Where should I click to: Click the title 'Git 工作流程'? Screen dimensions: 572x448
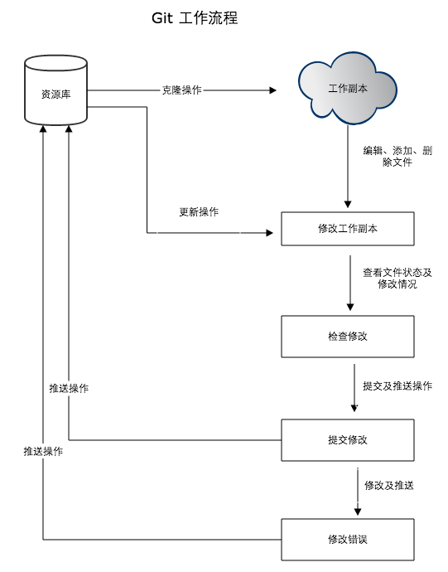click(x=195, y=17)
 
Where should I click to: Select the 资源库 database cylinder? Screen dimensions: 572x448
click(x=55, y=94)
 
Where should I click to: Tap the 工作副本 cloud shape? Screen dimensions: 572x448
click(x=347, y=88)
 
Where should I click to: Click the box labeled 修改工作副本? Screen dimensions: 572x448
click(x=347, y=229)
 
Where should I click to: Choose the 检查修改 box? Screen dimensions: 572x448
click(x=347, y=336)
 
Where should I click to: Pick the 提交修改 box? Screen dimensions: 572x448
click(x=347, y=439)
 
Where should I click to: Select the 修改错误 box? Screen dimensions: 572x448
click(x=347, y=539)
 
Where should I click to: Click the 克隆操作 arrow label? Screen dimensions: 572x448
click(x=181, y=90)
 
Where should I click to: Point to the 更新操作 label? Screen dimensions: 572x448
click(x=199, y=211)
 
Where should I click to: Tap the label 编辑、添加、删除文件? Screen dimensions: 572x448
click(x=397, y=157)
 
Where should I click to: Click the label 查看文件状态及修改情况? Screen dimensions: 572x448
click(x=397, y=278)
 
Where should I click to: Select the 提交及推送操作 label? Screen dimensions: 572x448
click(x=397, y=385)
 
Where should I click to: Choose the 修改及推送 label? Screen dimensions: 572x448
click(x=388, y=485)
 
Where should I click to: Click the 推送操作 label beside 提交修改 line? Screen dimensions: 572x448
click(x=69, y=388)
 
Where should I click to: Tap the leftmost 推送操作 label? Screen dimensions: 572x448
click(x=43, y=452)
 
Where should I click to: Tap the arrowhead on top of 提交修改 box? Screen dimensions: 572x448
click(x=354, y=408)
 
